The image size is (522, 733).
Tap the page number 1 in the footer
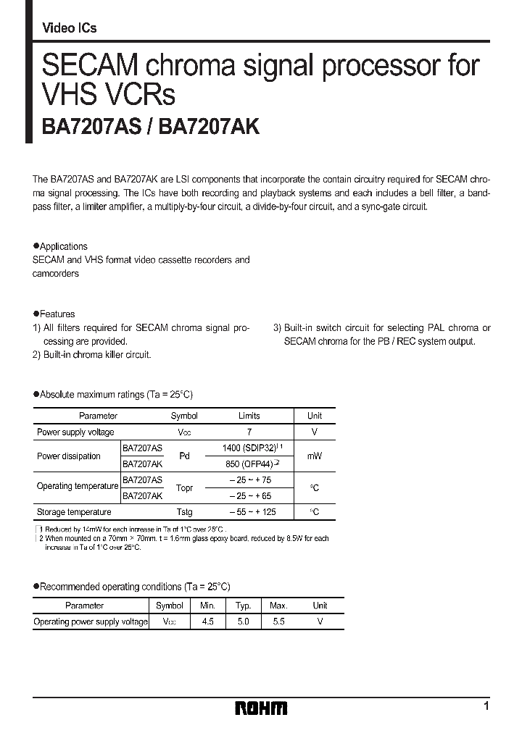(486, 705)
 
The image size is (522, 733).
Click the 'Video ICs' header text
(70, 28)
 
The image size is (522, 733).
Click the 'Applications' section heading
(63, 246)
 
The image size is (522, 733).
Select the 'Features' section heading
(57, 314)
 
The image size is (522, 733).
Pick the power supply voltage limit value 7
(249, 432)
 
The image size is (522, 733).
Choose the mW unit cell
(314, 456)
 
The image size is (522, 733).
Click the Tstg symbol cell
(183, 512)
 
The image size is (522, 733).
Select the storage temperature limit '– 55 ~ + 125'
(249, 512)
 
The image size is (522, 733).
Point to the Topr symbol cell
(183, 488)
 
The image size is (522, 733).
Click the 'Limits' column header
(249, 416)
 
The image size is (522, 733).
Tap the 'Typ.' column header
(243, 606)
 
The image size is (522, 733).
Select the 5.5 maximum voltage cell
(278, 621)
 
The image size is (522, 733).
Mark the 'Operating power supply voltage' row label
(91, 621)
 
